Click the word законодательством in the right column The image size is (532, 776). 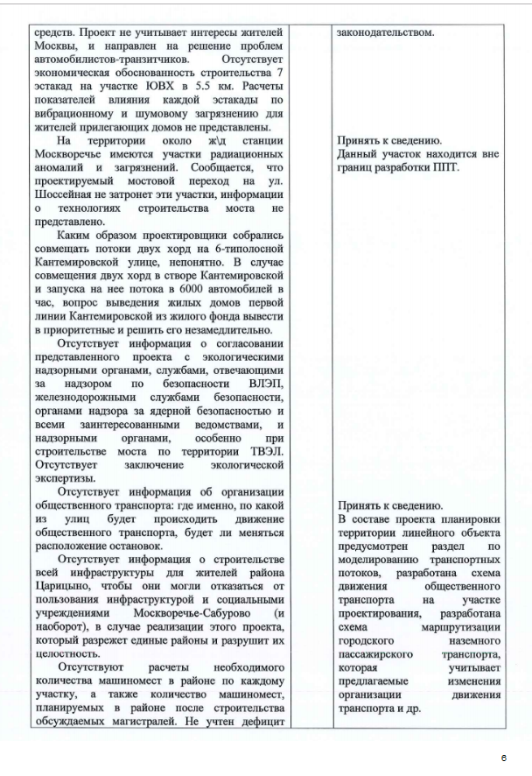[x=384, y=32]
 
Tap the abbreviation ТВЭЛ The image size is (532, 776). [x=264, y=449]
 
